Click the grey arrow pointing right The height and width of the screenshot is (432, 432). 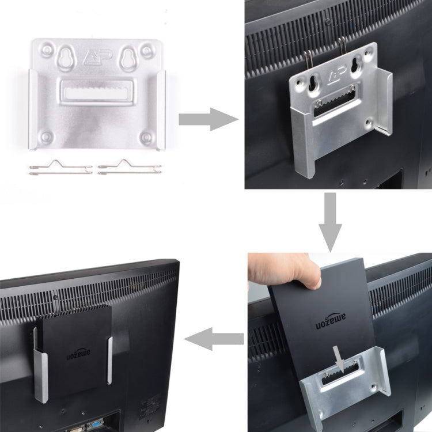tap(207, 119)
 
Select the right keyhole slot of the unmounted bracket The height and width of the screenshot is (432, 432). tap(129, 58)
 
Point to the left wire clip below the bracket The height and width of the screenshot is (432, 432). tap(59, 168)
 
